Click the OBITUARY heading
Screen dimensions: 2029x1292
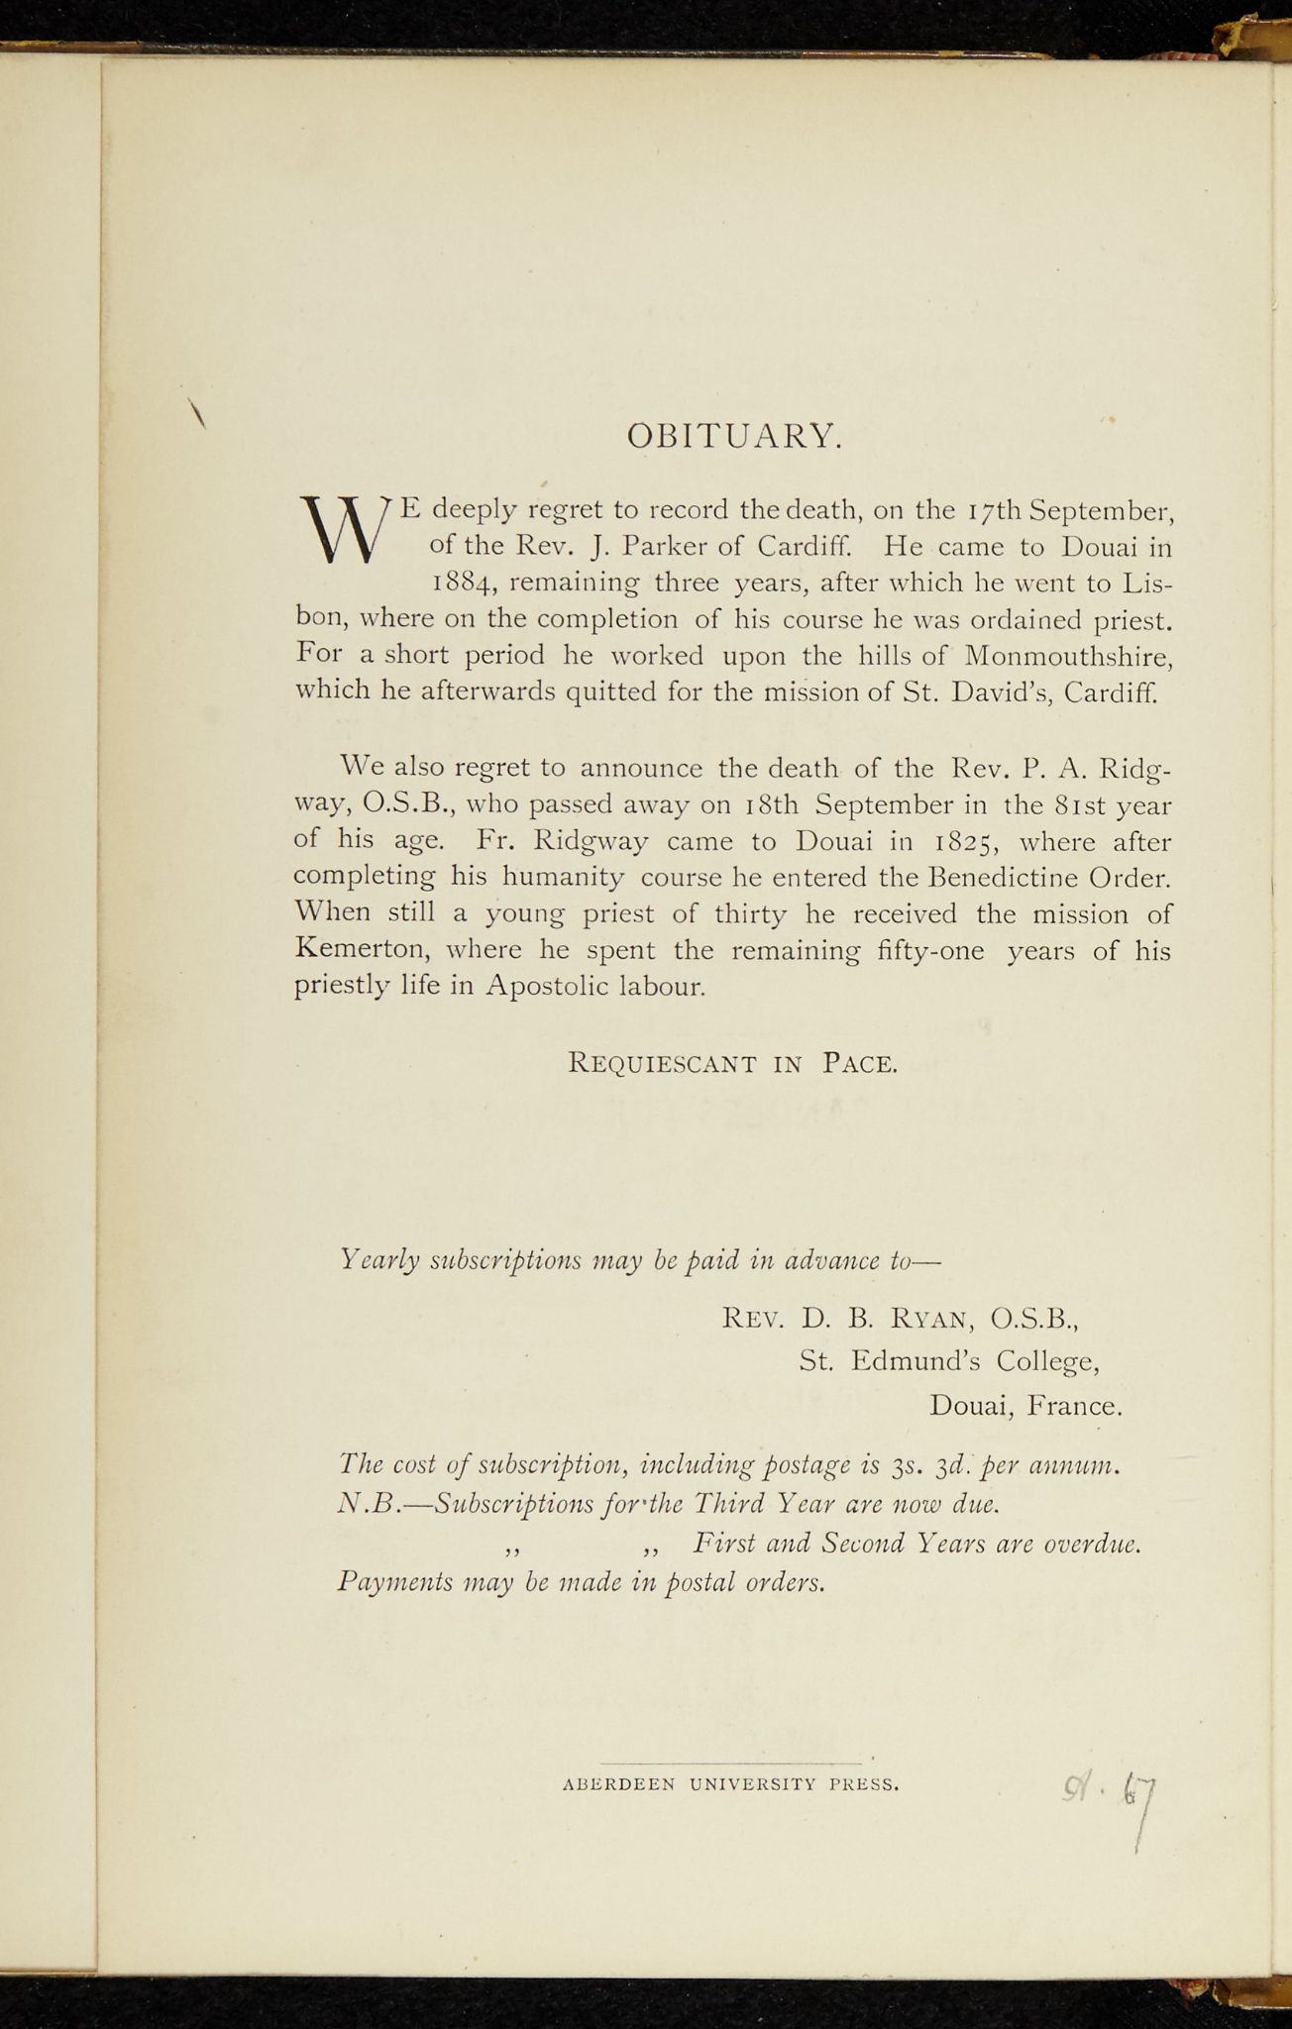735,436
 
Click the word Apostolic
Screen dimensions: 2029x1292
547,988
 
